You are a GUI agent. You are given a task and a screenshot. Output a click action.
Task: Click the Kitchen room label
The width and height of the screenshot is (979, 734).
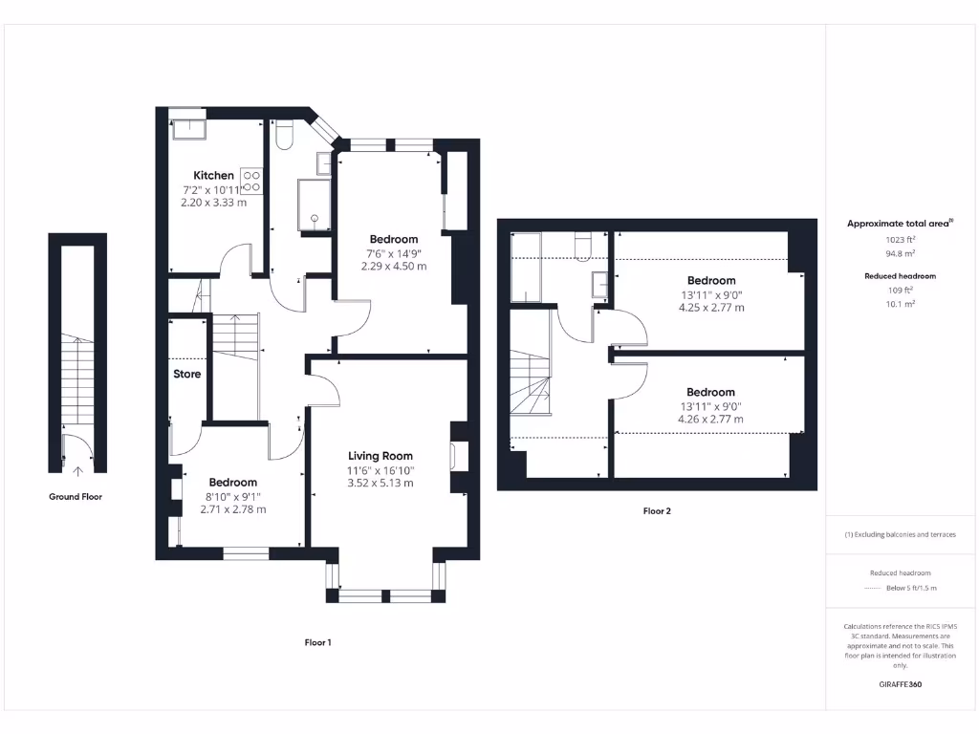(213, 176)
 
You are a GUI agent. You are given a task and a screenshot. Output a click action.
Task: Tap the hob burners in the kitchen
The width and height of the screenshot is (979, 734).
(252, 181)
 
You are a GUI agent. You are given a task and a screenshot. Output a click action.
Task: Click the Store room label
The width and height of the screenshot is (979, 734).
(187, 374)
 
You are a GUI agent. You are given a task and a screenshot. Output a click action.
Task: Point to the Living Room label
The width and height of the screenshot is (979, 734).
(380, 456)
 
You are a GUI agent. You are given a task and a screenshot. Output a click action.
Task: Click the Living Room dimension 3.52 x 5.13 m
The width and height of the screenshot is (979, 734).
(380, 483)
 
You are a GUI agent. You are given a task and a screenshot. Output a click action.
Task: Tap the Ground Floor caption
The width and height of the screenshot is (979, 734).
(76, 497)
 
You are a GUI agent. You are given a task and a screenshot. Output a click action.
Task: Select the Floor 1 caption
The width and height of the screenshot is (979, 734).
(317, 642)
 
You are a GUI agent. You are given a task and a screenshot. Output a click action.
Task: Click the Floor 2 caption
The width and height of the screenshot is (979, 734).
(657, 511)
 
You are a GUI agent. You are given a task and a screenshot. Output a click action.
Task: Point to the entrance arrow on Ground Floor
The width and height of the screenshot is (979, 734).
(77, 469)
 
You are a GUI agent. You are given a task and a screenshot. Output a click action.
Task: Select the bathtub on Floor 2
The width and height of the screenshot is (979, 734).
(526, 268)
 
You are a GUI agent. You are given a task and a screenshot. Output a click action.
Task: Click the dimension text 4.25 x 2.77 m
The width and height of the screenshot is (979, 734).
(711, 308)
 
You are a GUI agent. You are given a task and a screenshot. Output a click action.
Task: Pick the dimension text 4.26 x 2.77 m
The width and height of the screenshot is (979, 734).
(710, 419)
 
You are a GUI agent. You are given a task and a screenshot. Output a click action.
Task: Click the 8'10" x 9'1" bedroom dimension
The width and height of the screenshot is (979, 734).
(232, 496)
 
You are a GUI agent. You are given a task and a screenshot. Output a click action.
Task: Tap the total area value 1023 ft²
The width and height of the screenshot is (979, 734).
(899, 241)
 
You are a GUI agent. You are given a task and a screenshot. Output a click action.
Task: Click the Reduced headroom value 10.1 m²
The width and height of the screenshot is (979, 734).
(899, 303)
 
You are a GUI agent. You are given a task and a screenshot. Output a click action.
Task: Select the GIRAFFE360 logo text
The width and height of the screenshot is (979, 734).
(900, 684)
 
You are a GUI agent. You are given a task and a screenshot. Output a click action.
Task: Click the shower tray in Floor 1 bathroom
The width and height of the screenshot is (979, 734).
(314, 205)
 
